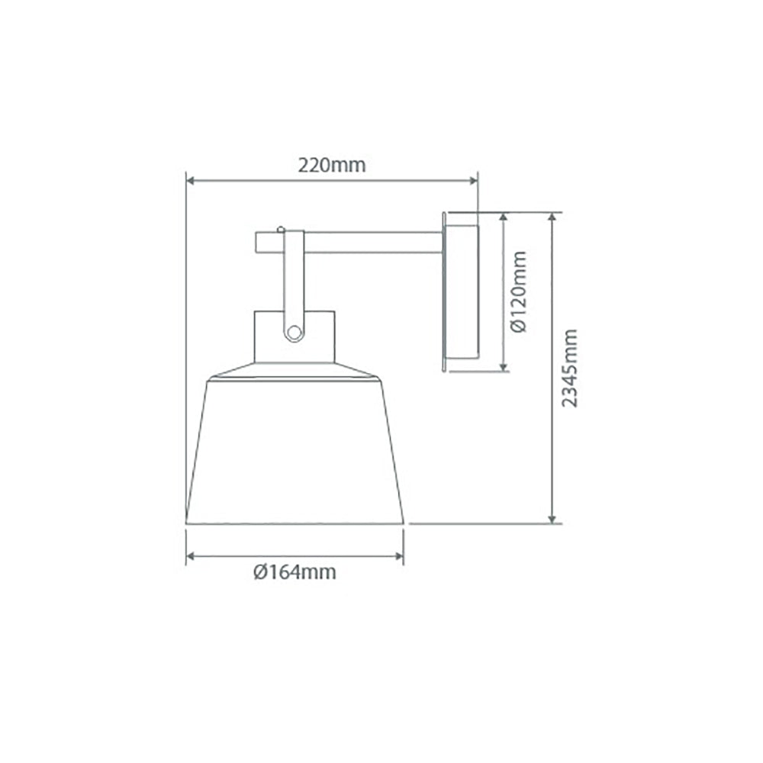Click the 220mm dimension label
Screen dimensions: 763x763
pyautogui.click(x=332, y=165)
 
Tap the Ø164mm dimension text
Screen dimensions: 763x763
pyautogui.click(x=295, y=572)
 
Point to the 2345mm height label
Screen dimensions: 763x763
pyautogui.click(x=570, y=368)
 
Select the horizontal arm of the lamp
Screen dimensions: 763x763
pyautogui.click(x=366, y=243)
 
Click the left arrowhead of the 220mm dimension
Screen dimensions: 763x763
pyautogui.click(x=192, y=181)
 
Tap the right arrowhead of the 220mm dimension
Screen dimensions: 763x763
pyautogui.click(x=473, y=181)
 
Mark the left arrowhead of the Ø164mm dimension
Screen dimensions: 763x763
pyautogui.click(x=192, y=556)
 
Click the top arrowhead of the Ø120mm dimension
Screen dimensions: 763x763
pyautogui.click(x=504, y=217)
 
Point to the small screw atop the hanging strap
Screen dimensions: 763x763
pyautogui.click(x=282, y=227)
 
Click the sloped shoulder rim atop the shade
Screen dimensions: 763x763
pyautogui.click(x=295, y=371)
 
